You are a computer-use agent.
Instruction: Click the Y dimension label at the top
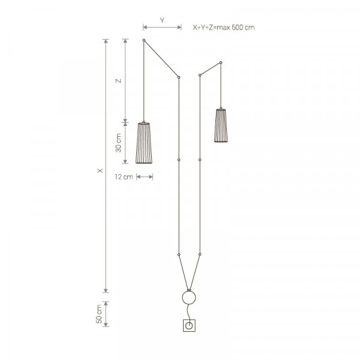point(163,20)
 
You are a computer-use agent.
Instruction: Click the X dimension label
point(100,170)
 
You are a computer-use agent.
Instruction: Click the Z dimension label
point(118,80)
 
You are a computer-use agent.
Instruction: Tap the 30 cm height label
point(118,143)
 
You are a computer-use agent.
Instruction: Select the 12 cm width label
point(124,177)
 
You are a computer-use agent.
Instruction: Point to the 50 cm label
point(99,314)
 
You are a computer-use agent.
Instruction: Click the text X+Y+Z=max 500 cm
point(224,28)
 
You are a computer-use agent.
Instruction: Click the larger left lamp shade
point(144,143)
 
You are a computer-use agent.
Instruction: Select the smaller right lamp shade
point(221,125)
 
